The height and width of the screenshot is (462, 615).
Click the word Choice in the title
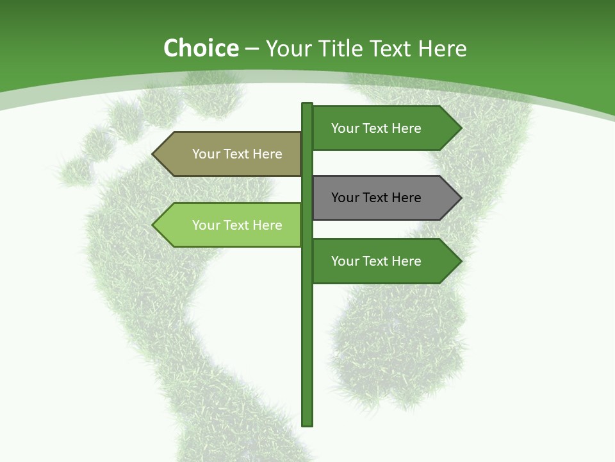201,49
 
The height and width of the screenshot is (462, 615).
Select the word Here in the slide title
443,49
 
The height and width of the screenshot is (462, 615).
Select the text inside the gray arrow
376,198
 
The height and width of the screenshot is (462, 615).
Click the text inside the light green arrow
237,225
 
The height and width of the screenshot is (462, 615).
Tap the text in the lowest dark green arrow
376,261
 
